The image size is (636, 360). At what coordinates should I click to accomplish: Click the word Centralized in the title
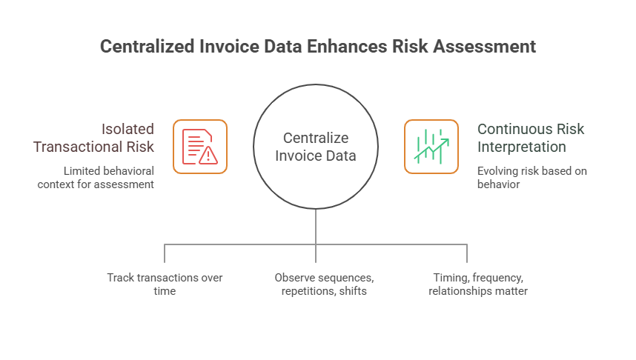click(x=148, y=47)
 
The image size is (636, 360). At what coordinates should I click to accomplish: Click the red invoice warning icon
click(x=200, y=147)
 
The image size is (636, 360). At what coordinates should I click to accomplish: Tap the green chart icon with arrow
click(x=431, y=147)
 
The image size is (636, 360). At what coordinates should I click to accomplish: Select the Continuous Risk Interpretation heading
click(x=531, y=137)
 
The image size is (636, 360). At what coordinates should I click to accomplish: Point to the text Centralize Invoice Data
click(x=316, y=147)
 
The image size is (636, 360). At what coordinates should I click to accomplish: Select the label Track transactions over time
click(x=165, y=284)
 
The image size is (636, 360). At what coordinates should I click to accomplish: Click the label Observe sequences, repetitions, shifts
click(x=324, y=284)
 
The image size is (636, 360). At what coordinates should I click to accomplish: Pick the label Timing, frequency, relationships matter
click(x=477, y=284)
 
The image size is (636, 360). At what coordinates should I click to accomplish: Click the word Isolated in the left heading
click(x=125, y=128)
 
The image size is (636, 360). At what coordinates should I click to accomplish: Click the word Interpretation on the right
click(x=521, y=147)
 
